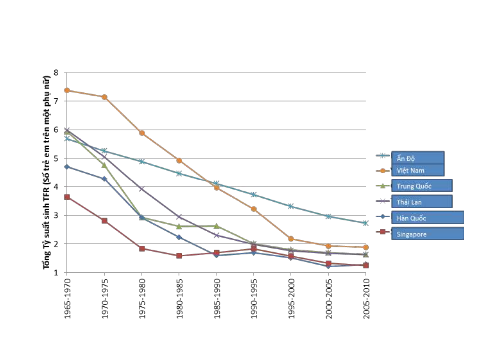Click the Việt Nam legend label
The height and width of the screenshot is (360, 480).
point(410,171)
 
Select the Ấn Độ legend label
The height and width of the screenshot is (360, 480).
point(405,158)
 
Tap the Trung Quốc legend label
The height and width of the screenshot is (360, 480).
point(414,186)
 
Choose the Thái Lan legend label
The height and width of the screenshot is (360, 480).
point(409,202)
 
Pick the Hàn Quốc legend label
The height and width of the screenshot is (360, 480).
point(411,218)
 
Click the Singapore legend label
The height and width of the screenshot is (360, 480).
point(411,234)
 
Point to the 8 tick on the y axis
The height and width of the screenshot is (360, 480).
point(56,72)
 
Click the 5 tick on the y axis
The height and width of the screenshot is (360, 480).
point(56,158)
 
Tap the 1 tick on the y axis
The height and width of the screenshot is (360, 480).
point(56,273)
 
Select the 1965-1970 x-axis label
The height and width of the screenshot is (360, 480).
point(68,299)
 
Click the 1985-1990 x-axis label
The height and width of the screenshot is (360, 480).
point(217,299)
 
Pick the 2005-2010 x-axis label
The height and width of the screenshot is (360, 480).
point(366,299)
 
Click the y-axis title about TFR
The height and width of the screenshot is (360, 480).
point(47,173)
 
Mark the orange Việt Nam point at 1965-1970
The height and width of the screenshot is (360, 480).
point(67,90)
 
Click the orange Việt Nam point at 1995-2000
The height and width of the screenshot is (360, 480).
point(291,239)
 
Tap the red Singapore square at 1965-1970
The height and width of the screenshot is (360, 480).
point(67,197)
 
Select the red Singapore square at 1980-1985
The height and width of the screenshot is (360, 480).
point(179,256)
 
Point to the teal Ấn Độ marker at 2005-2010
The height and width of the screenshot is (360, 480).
point(366,223)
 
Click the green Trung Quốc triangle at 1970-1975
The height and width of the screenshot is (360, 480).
point(104,165)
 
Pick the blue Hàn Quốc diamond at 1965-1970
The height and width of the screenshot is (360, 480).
point(67,167)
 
